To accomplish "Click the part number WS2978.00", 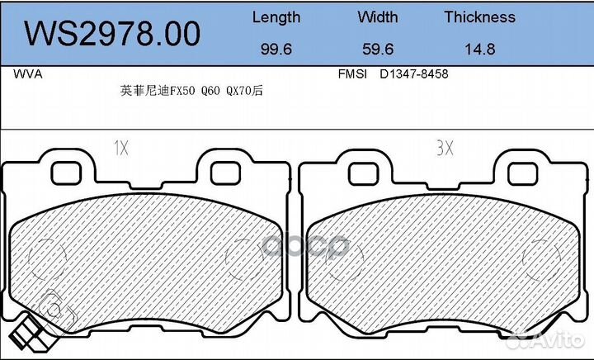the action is (112, 33).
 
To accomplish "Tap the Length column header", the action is (276, 17).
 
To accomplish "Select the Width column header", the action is (378, 17).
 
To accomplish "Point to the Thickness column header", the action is (479, 17).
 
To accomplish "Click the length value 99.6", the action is (276, 49).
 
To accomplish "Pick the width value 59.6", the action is (378, 49).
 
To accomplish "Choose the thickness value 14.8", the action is (479, 49).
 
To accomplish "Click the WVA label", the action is (28, 73).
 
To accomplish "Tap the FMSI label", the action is (352, 73).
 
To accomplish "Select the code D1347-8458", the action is (413, 73).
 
